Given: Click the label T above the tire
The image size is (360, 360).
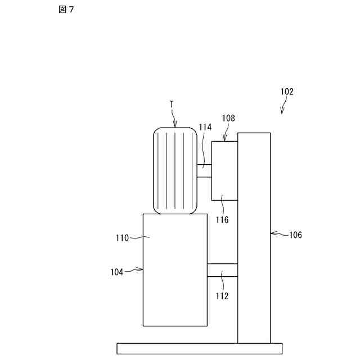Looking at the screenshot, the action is pyautogui.click(x=172, y=105).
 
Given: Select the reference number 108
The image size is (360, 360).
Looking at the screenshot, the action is pyautogui.click(x=228, y=119).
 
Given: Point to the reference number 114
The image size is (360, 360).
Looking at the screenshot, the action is pyautogui.click(x=205, y=128).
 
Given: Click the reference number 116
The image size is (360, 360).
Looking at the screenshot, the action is pyautogui.click(x=222, y=220).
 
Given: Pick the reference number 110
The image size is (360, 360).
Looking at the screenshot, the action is pyautogui.click(x=122, y=238).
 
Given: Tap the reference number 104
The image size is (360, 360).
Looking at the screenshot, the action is pyautogui.click(x=117, y=271).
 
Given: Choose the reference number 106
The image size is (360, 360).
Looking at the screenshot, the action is pyautogui.click(x=295, y=235).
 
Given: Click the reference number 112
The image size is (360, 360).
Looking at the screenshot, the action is pyautogui.click(x=222, y=295).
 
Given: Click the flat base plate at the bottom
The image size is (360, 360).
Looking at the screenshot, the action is pyautogui.click(x=199, y=348).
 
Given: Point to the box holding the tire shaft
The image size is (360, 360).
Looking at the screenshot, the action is pyautogui.click(x=224, y=170).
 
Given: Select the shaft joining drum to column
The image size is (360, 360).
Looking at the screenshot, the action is pyautogui.click(x=222, y=270).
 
